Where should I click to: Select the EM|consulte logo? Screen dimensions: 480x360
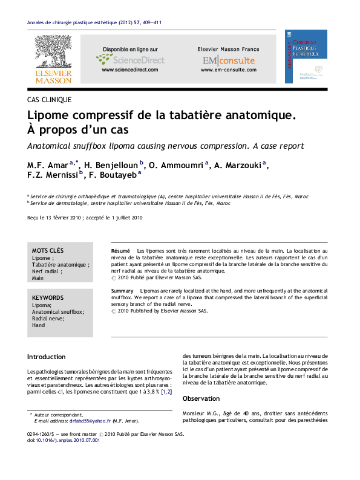point(228,60)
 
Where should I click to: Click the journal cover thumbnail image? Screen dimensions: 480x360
point(306,56)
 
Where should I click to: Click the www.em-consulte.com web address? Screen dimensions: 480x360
point(228,70)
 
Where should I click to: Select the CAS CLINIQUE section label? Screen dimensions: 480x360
point(50,99)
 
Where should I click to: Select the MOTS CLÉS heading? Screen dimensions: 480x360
point(48,251)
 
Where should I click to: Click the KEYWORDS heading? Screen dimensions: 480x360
point(48,298)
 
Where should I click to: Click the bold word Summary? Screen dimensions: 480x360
point(123,291)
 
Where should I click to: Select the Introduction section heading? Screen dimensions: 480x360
point(47,357)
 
